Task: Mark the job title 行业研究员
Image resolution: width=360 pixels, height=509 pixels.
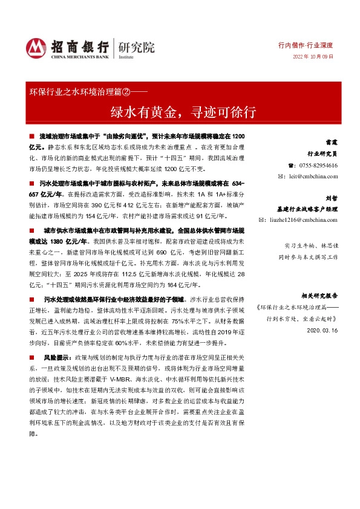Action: [x=322, y=154]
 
